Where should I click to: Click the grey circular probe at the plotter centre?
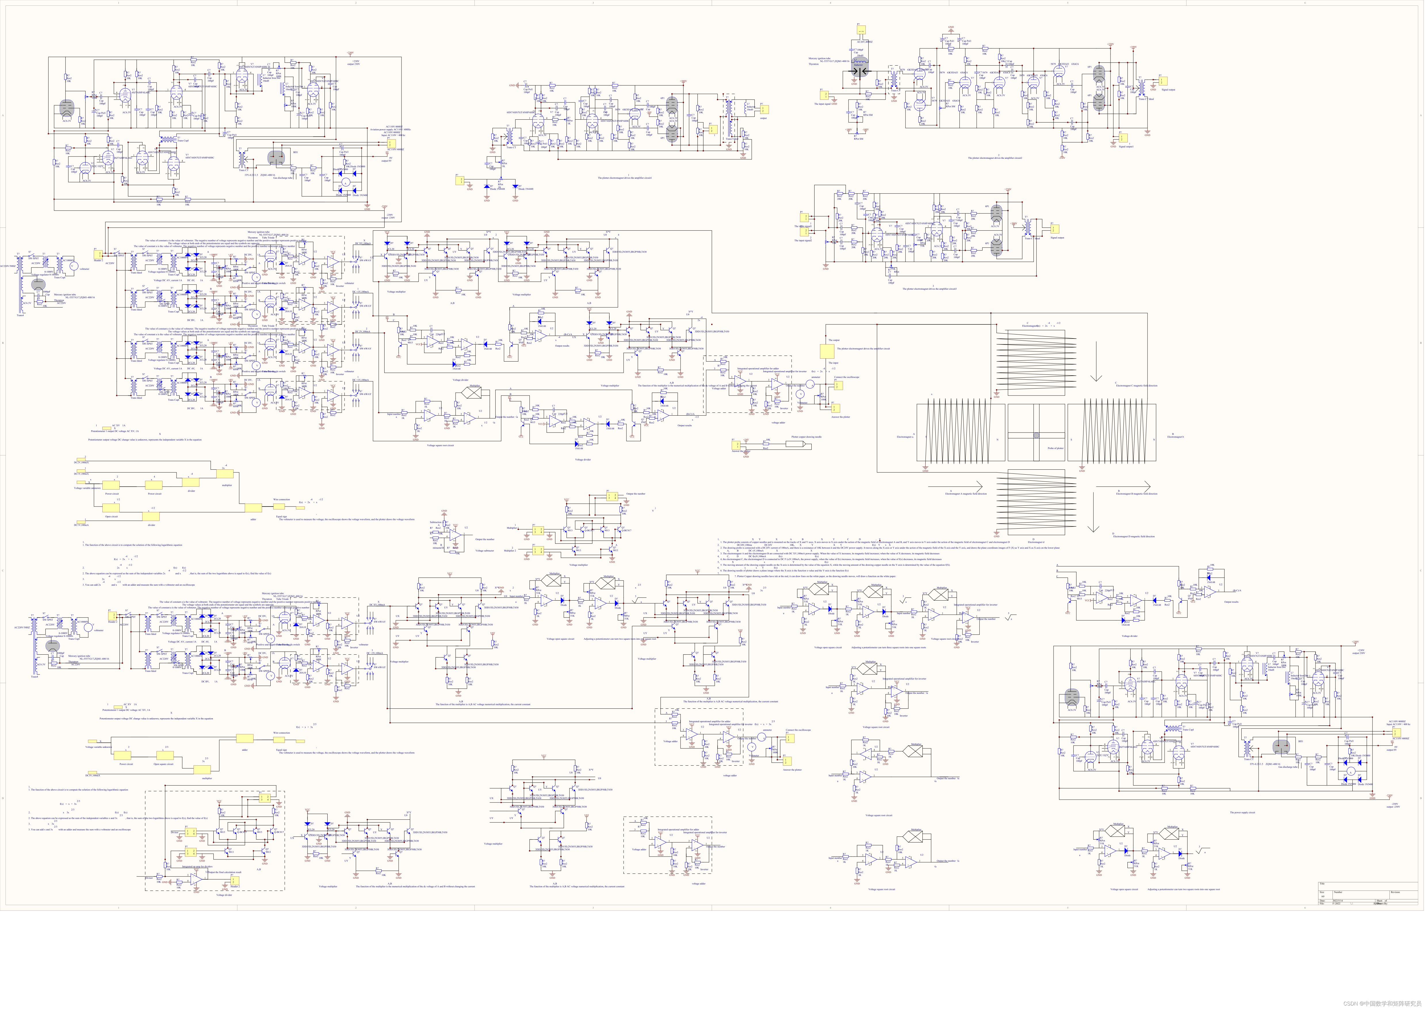[1036, 435]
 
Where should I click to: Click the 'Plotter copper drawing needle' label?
[806, 437]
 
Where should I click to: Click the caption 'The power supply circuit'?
[1243, 812]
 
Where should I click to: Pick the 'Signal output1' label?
[1126, 147]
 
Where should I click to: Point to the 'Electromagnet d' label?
[1035, 542]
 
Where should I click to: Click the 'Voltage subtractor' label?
[485, 551]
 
